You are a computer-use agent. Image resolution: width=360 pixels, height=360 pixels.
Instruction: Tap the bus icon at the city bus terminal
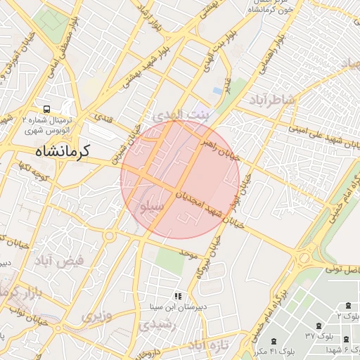(46, 109)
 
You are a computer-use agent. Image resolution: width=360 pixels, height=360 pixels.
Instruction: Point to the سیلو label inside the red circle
(154, 207)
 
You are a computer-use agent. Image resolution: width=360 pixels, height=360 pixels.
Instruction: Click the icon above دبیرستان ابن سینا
(178, 296)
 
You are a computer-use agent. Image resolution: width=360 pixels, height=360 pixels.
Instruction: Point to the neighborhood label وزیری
(96, 316)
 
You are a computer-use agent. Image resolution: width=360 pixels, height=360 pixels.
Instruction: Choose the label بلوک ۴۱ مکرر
(264, 350)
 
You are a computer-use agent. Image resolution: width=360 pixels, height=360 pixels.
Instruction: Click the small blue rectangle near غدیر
(218, 91)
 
